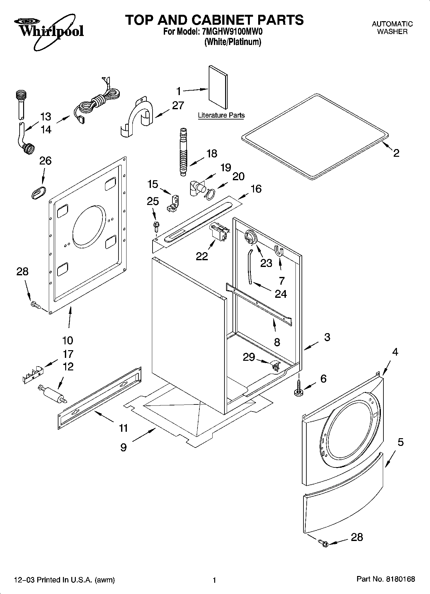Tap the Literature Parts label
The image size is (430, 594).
tap(221, 115)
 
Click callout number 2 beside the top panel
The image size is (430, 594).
tap(396, 153)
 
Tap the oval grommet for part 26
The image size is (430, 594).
tap(38, 192)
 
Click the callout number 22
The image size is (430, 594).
tap(202, 256)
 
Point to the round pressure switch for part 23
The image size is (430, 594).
tap(250, 238)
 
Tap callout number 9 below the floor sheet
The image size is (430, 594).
tap(124, 448)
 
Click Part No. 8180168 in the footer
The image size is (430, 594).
tap(386, 579)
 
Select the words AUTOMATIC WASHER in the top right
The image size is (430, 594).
tap(392, 28)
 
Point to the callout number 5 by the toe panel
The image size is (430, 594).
tap(400, 442)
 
